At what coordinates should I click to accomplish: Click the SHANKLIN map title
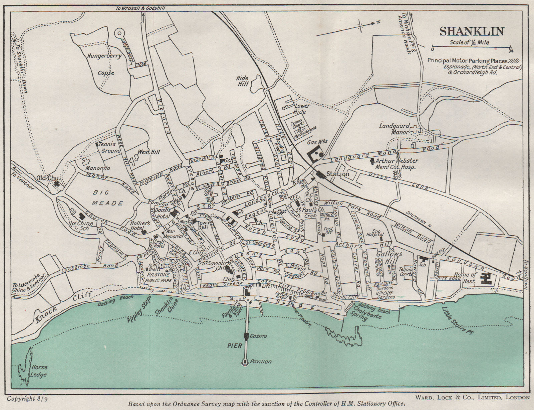[472, 31]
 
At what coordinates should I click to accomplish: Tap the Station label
[337, 174]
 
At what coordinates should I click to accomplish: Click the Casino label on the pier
[258, 336]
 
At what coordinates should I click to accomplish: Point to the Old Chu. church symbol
[57, 183]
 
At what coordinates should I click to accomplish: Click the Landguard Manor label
[394, 129]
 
